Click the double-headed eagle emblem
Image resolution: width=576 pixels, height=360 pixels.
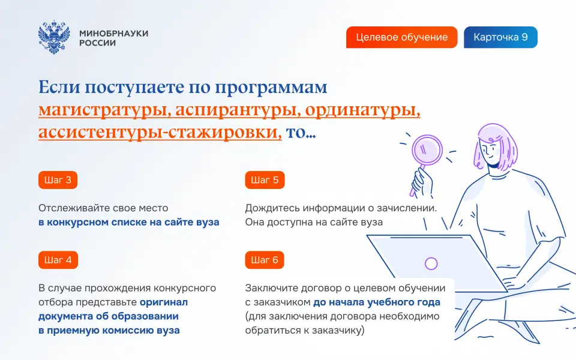(x=54, y=37)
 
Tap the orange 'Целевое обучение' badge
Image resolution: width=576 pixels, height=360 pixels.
(x=401, y=37)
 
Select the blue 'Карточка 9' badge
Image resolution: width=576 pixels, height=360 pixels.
(x=500, y=37)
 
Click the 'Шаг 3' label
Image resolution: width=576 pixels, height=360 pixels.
(x=58, y=180)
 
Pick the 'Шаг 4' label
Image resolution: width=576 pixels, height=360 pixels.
(x=58, y=260)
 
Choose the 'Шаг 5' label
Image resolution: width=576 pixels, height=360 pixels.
(x=265, y=180)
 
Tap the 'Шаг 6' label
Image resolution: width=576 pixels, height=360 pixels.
(x=265, y=260)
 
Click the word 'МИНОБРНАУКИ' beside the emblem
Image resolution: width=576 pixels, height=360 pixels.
(x=114, y=34)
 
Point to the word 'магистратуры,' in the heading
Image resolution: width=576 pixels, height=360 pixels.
(x=104, y=110)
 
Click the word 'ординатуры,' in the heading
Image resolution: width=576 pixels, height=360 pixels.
(x=362, y=110)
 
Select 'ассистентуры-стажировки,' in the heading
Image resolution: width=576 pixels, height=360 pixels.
(x=160, y=132)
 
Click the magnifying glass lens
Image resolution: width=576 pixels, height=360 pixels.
(x=427, y=151)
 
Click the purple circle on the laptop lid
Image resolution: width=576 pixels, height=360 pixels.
(x=431, y=263)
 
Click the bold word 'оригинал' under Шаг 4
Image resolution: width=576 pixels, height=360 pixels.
(x=164, y=302)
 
